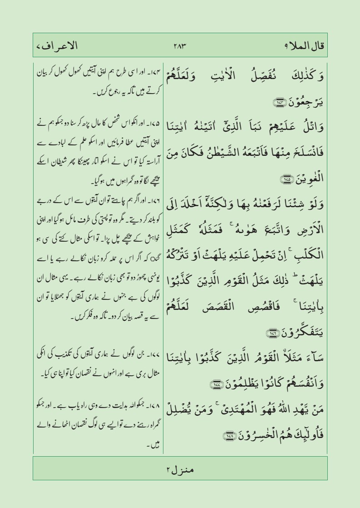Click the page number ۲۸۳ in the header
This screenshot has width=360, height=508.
point(180,46)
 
